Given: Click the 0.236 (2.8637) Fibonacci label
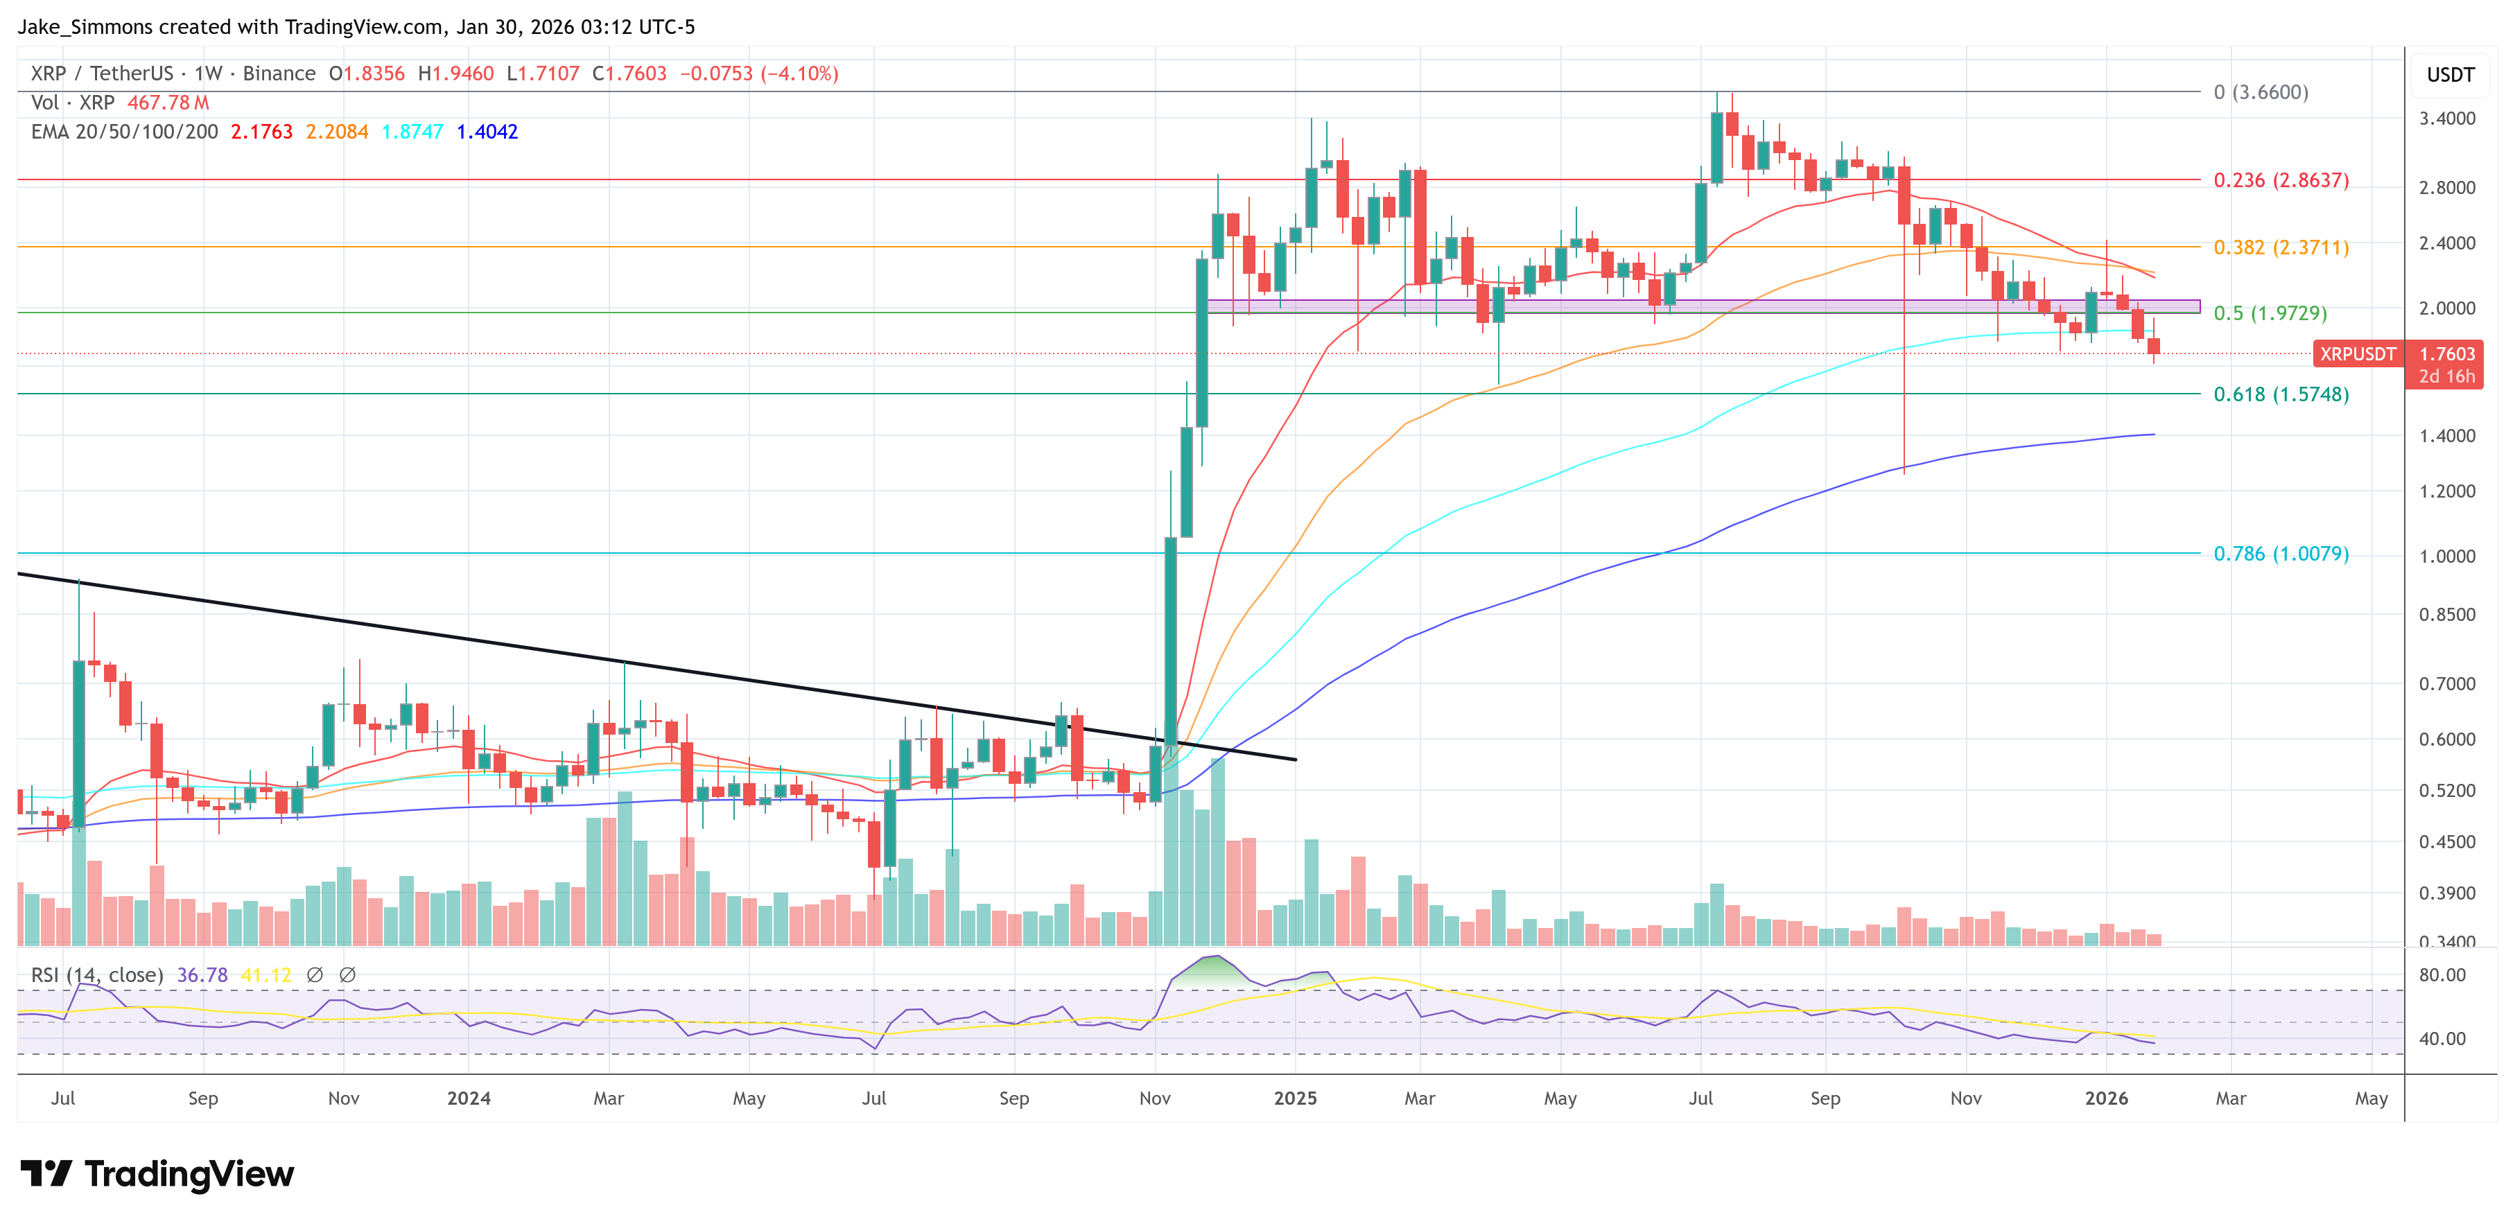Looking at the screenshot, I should tap(2280, 181).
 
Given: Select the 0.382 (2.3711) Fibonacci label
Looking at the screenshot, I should tap(2280, 248).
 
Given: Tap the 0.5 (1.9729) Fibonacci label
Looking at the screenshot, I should tap(2269, 313).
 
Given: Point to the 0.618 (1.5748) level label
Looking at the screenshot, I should tap(2280, 394).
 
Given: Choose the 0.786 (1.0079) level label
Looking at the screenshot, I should tap(2280, 554).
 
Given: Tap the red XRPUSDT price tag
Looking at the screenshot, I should tap(2357, 354).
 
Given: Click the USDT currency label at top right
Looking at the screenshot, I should tap(2450, 75).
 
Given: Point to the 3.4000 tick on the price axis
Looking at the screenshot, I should tap(2446, 119).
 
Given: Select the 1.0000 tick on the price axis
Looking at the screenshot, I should tap(2446, 557).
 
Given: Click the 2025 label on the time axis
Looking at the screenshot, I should tap(1295, 1098).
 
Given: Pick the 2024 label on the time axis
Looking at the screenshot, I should tap(469, 1098).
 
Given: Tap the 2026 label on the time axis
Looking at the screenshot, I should tap(2106, 1098).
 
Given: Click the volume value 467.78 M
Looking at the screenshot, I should tap(168, 103).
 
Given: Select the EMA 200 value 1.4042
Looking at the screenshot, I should tap(487, 132).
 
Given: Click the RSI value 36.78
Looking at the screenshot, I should tap(202, 975).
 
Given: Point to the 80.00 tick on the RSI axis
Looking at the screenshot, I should tap(2442, 975).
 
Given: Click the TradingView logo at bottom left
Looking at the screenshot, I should tap(156, 1173).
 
